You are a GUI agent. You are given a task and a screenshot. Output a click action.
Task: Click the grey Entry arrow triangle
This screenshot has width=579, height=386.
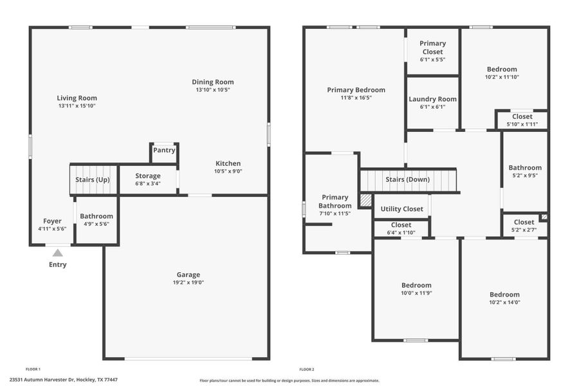(x=58, y=253)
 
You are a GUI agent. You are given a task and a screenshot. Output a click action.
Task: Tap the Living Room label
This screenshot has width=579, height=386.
(x=77, y=98)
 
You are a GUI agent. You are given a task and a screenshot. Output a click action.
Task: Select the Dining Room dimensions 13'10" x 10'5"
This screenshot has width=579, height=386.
(x=212, y=90)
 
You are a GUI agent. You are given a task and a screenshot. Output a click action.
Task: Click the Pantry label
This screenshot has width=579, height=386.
(x=164, y=151)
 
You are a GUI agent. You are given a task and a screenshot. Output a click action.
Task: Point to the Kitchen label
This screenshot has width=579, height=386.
(x=228, y=163)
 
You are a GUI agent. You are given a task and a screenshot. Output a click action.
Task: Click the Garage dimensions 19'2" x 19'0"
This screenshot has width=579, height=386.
(x=188, y=282)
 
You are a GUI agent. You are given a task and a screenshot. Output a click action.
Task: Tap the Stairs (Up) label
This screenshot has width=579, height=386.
(x=93, y=180)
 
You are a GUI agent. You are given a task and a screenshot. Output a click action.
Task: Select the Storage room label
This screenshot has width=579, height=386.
(x=148, y=176)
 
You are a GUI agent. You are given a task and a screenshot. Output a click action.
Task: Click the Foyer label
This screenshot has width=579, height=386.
(x=52, y=221)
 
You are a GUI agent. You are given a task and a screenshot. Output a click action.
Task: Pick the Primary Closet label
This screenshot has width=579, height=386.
(x=432, y=48)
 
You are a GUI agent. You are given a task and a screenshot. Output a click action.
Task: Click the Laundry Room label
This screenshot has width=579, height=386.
(x=432, y=99)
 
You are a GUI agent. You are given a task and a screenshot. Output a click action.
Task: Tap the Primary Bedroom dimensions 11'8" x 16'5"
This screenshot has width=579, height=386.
(x=356, y=98)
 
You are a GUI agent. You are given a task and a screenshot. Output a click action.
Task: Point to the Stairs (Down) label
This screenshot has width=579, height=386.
(x=408, y=179)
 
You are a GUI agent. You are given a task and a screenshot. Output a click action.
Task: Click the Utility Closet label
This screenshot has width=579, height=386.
(x=401, y=208)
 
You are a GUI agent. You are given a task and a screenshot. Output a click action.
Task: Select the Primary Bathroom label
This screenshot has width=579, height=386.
(x=335, y=201)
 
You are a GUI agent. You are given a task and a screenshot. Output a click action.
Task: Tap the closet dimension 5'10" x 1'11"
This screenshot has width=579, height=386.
(x=522, y=124)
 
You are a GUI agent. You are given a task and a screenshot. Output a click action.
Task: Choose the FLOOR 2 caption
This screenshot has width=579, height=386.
(x=306, y=369)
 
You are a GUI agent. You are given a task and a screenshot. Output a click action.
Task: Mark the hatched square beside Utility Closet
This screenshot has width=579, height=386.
(x=365, y=200)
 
